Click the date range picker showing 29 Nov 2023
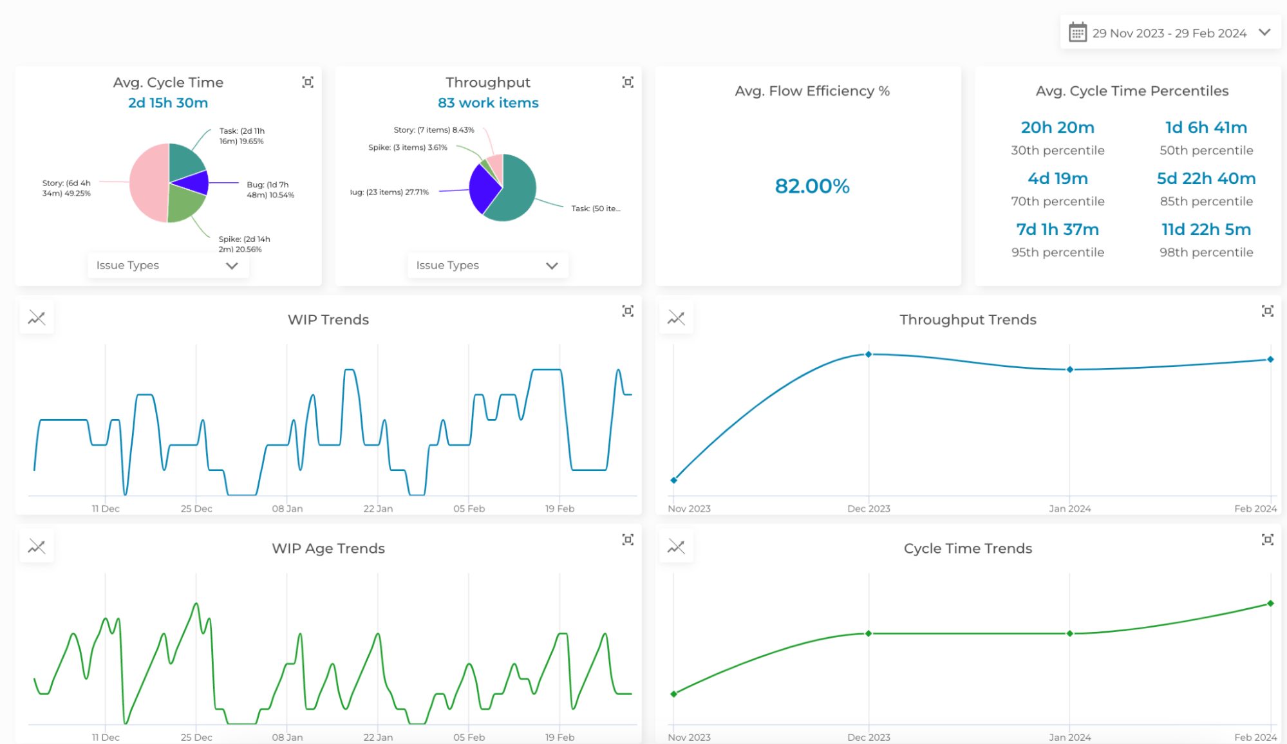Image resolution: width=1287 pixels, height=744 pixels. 1169,33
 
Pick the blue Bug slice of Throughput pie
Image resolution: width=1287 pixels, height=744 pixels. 484,188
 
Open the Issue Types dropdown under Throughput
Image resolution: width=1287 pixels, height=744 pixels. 487,265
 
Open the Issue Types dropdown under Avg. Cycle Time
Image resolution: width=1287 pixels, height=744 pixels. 167,265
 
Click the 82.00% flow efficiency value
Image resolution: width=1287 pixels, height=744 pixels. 811,186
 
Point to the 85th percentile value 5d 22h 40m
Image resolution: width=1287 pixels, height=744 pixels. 1205,178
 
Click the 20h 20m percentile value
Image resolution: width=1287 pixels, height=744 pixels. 1057,127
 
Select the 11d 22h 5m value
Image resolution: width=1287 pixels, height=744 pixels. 1205,229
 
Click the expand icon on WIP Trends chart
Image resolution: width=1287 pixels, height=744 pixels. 628,312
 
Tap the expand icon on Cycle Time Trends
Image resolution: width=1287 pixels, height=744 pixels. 1267,540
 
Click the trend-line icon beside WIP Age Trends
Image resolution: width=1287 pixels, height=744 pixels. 37,547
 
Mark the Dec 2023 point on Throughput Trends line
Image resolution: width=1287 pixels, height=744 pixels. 868,355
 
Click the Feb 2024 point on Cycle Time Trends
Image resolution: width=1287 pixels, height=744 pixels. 1270,603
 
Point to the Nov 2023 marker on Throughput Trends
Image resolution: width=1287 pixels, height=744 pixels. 673,480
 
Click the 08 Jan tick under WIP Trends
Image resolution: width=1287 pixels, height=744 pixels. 287,508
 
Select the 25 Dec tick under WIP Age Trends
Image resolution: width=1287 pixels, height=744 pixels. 196,737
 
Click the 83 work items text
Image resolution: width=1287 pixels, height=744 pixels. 487,103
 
